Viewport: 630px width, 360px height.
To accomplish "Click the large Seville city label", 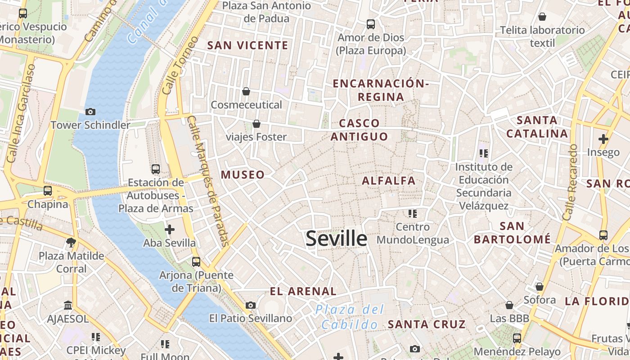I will point(336,238).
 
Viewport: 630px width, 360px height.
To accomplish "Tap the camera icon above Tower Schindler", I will point(90,112).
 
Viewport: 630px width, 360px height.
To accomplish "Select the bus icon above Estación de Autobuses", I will point(156,169).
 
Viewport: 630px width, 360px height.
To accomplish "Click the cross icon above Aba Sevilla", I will point(169,230).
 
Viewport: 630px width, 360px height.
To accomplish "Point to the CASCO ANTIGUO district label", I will point(359,130).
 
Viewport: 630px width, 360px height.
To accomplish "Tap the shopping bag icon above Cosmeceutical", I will point(246,91).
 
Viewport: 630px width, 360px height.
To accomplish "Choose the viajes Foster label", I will point(256,137).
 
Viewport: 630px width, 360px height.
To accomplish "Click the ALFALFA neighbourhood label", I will point(389,181).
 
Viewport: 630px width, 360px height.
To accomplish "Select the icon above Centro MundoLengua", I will point(412,213).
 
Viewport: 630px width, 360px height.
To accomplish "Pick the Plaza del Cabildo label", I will point(350,317).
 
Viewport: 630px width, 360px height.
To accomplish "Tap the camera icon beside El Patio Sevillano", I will point(251,306).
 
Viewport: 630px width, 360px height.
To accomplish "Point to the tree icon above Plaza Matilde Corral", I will point(71,243).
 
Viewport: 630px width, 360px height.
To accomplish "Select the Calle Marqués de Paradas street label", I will point(208,181).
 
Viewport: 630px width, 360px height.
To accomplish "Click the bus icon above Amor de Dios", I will point(371,24).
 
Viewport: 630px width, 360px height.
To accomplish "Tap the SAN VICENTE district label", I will point(247,45).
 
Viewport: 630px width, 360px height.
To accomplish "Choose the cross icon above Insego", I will point(603,139).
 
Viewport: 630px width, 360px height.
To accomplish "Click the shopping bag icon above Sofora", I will point(540,287).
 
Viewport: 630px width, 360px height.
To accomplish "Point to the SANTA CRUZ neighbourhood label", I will point(427,324).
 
